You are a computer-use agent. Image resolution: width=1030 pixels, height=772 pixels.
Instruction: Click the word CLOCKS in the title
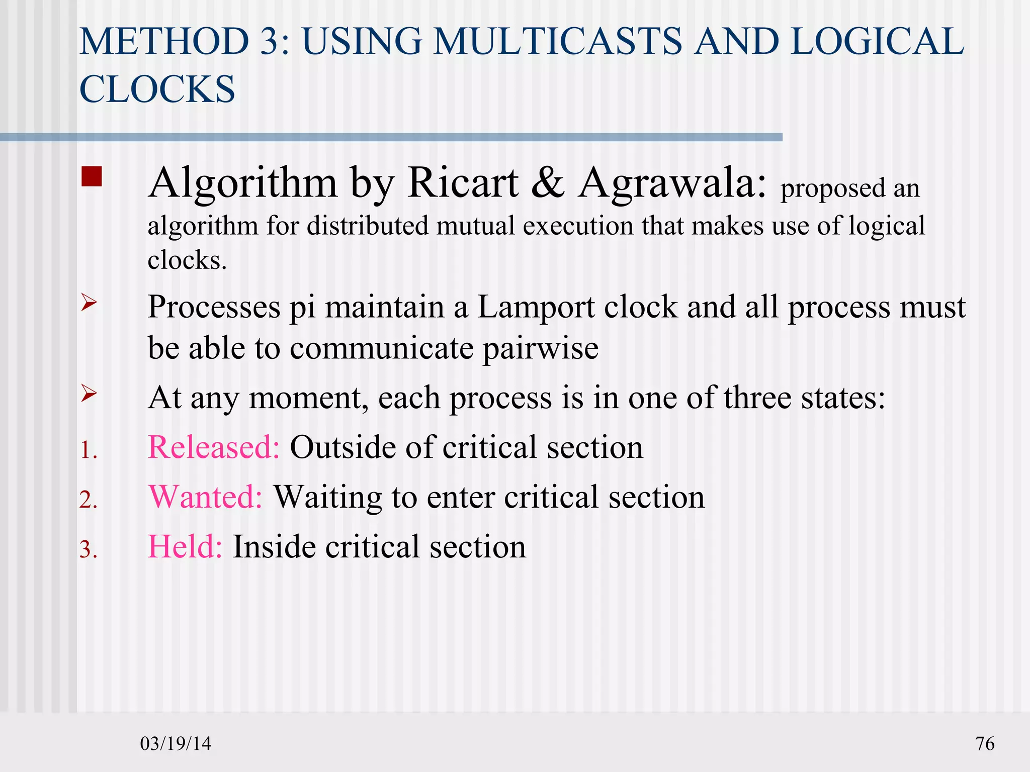(x=157, y=89)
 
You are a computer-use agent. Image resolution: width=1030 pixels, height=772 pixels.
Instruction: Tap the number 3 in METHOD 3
(x=272, y=41)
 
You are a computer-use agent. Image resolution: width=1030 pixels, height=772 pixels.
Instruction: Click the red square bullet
(x=92, y=177)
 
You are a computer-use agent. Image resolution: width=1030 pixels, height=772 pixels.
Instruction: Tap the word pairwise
(x=541, y=348)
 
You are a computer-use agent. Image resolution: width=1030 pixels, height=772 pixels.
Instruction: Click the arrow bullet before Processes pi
(x=89, y=303)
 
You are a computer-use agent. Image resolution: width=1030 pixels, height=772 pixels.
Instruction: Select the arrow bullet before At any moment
(x=89, y=394)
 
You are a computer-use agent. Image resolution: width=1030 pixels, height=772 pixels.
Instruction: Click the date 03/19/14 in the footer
(x=176, y=743)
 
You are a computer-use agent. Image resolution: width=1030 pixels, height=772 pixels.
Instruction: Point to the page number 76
(x=985, y=743)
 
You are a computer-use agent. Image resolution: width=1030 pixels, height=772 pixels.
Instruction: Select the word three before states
(x=757, y=398)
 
